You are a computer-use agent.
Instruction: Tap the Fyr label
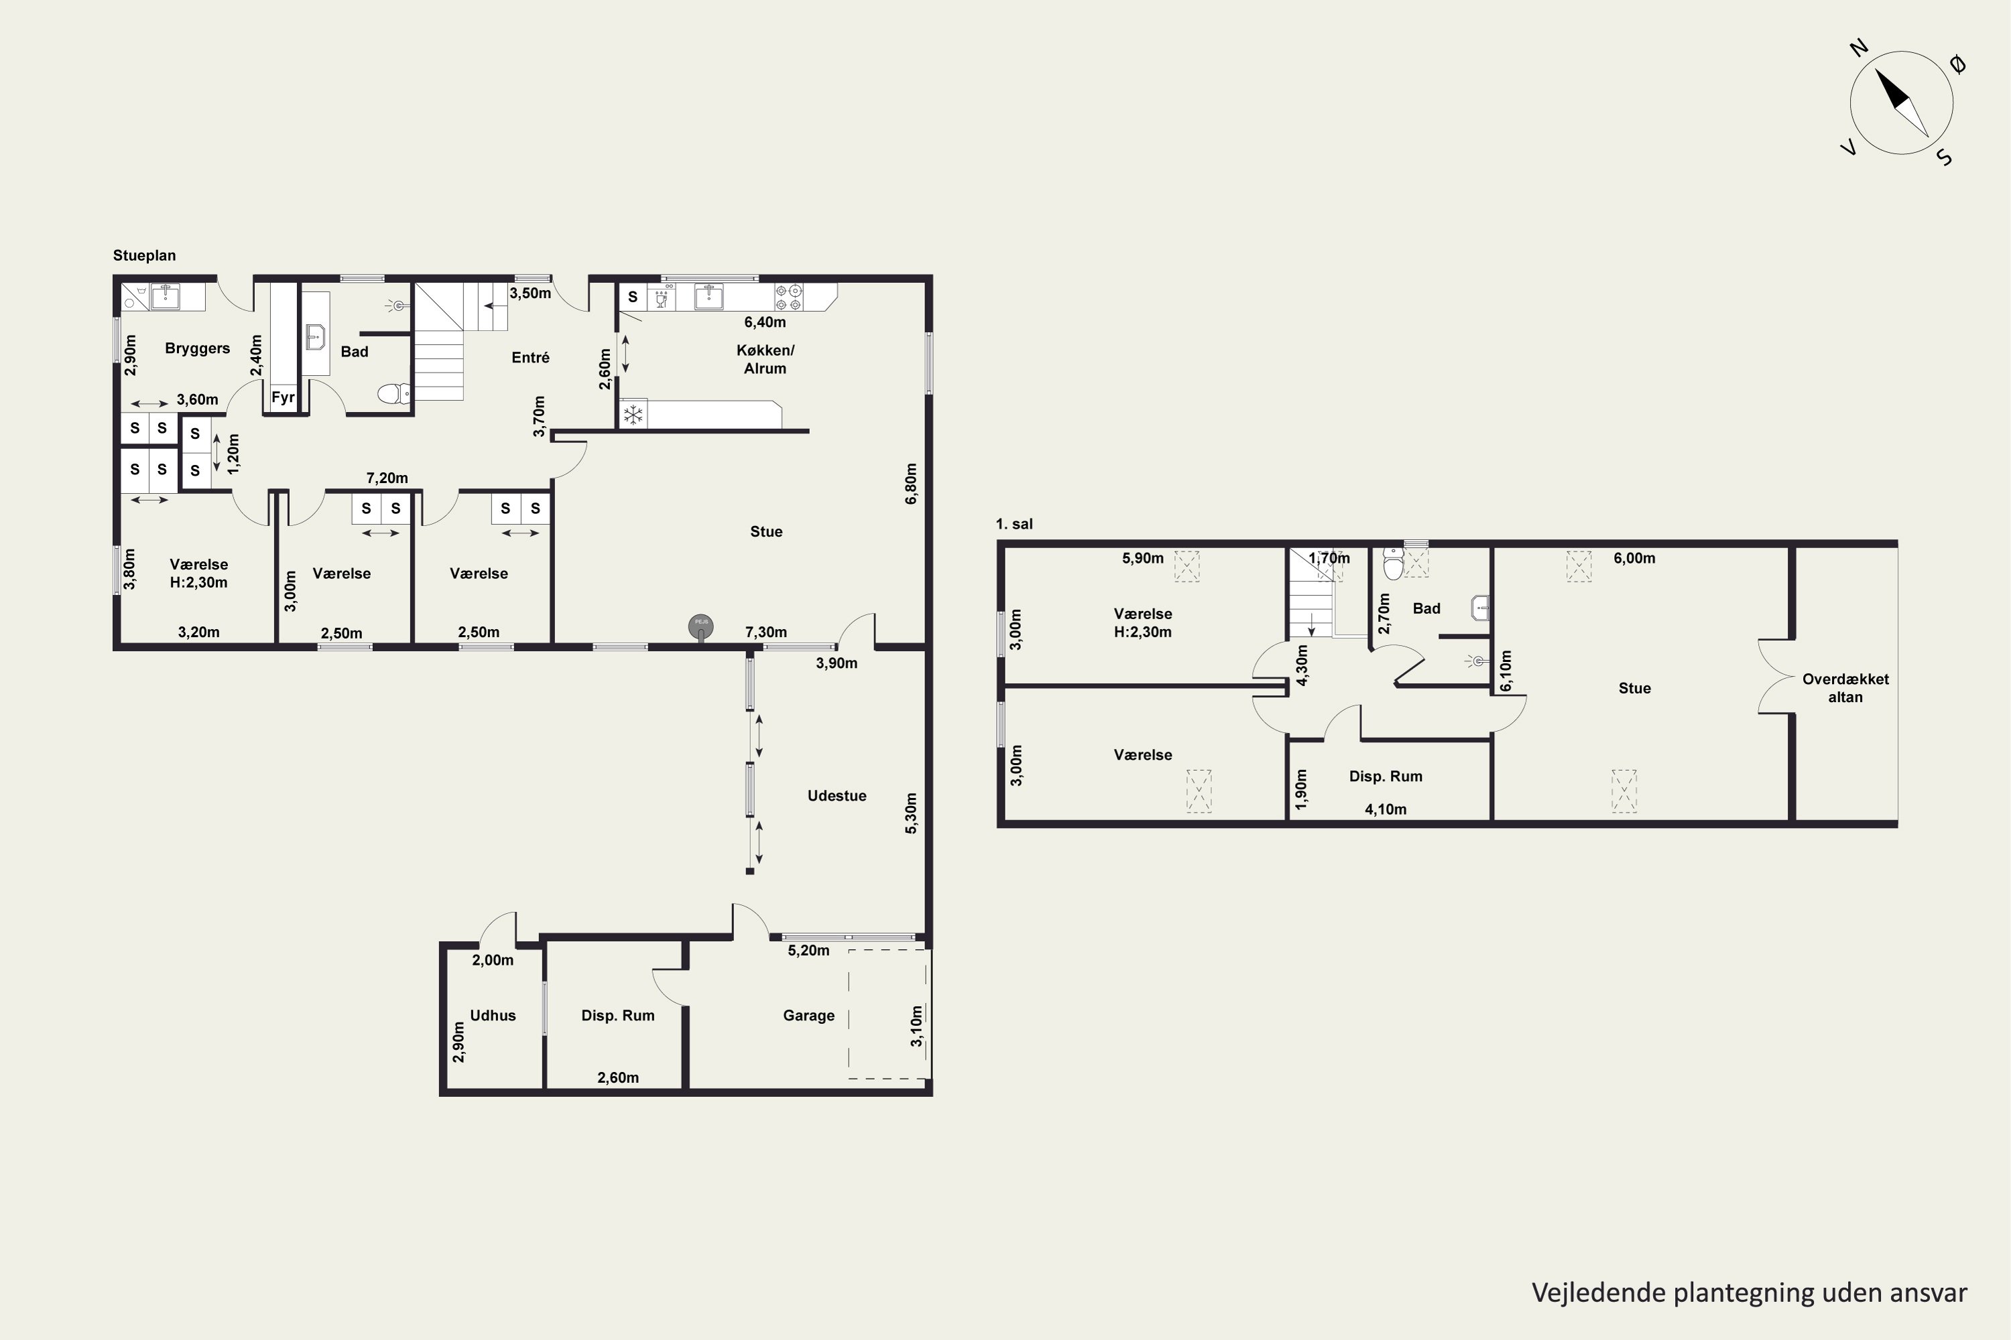pos(283,397)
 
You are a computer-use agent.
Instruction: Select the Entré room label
pos(530,357)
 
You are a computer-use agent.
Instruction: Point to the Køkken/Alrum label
pos(766,359)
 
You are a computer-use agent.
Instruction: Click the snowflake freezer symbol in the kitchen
pos(633,415)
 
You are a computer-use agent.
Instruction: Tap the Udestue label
pos(837,796)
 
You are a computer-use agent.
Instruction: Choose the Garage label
pos(809,1015)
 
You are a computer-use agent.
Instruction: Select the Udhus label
pos(493,1015)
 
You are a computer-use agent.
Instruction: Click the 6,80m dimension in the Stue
pos(912,484)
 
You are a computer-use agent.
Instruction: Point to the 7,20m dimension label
pos(387,478)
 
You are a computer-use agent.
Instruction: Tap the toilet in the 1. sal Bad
pos(1394,564)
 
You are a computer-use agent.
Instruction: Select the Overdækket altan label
pos(1845,688)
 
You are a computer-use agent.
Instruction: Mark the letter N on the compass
pos(1859,48)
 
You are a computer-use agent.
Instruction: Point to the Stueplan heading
pos(145,255)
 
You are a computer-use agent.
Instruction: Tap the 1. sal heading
pos(1014,524)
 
